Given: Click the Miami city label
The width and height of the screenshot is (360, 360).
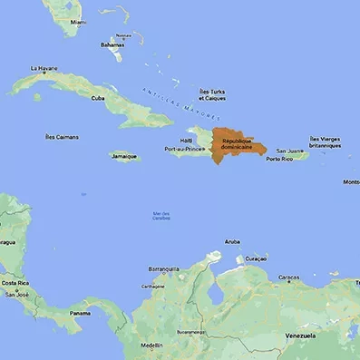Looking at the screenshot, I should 79,22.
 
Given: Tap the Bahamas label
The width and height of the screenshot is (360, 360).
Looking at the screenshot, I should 112,44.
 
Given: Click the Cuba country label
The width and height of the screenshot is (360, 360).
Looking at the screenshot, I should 98,98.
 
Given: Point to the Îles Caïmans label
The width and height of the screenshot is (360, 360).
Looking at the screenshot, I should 62,137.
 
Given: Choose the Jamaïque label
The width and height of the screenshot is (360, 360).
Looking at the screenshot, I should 124,156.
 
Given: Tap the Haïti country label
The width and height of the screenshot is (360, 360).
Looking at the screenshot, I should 187,141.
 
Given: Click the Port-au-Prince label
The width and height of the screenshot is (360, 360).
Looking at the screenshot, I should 182,149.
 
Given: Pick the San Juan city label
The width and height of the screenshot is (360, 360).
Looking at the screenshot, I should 288,151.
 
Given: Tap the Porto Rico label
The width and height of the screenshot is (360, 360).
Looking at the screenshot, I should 280,160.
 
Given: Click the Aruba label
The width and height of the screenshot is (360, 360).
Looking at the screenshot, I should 232,242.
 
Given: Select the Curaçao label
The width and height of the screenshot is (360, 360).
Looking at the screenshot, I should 257,258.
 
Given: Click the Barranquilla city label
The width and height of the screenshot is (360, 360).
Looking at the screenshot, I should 164,268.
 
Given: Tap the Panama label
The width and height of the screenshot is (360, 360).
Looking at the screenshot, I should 81,314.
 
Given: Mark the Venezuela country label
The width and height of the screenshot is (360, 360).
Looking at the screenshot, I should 299,336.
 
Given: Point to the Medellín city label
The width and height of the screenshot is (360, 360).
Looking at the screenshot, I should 152,345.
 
